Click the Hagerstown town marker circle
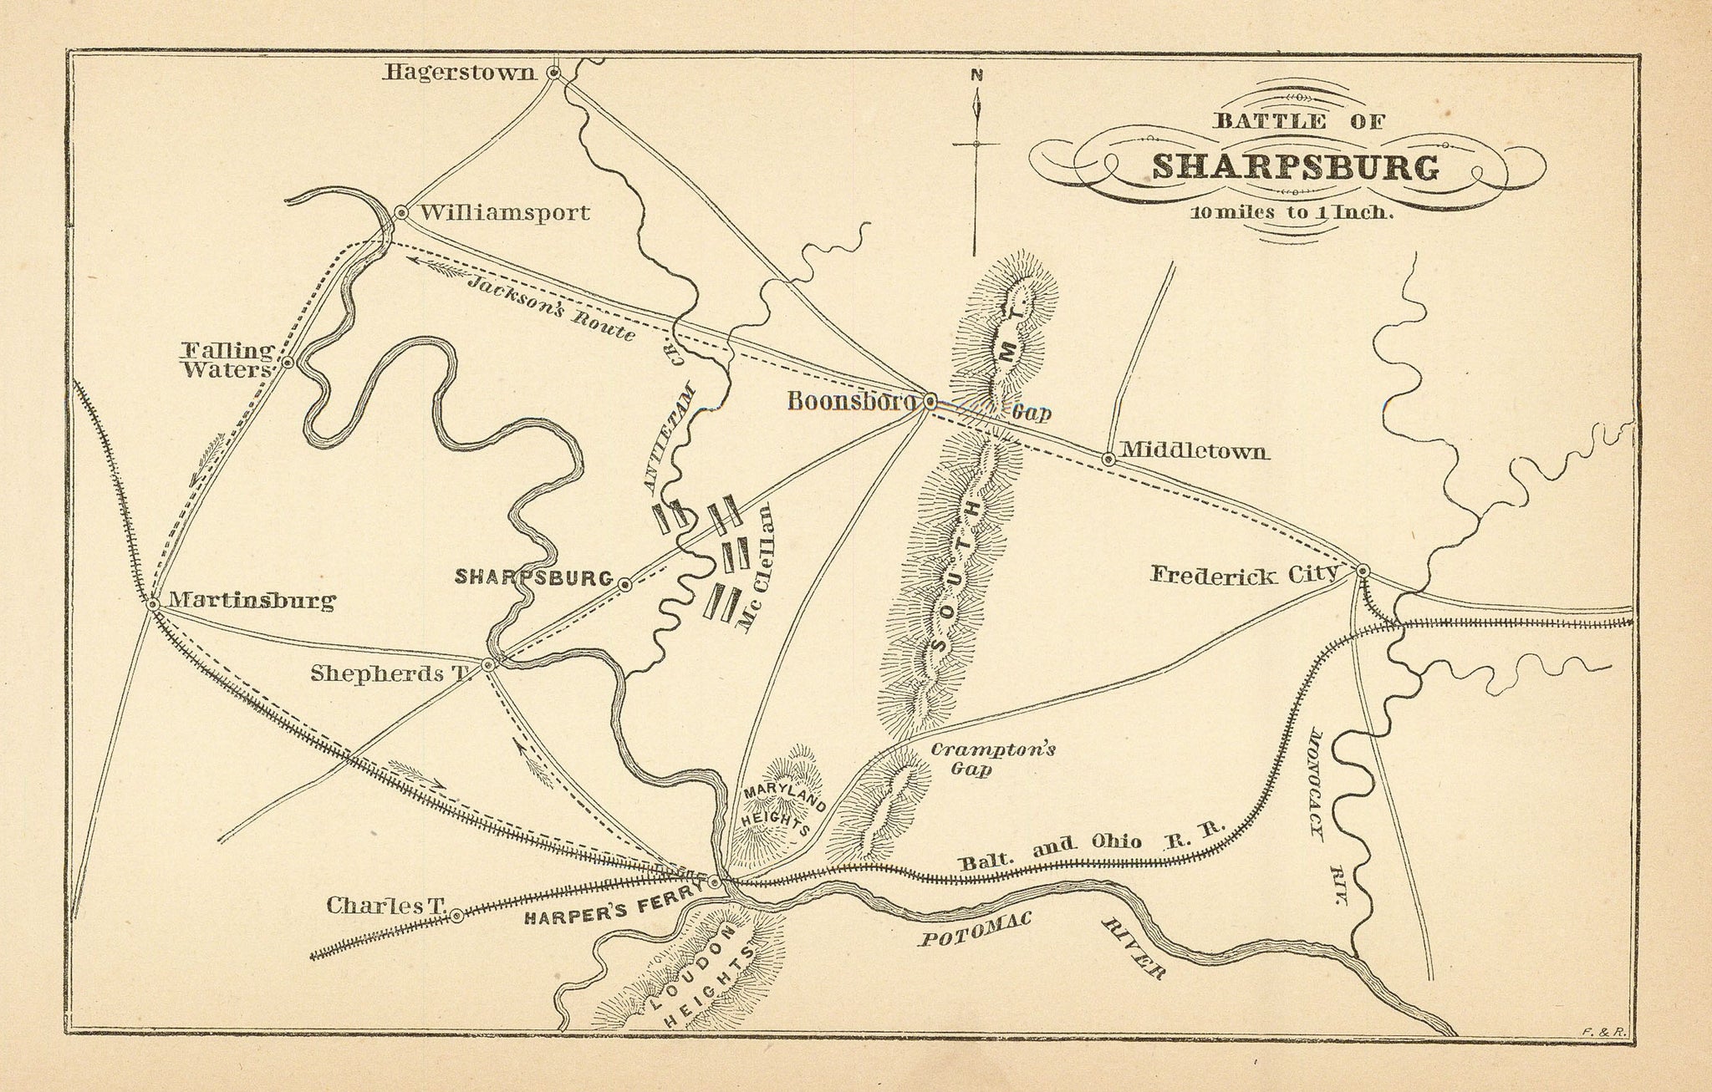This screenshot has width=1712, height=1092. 553,73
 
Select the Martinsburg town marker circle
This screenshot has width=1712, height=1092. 153,603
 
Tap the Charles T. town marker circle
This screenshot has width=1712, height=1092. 456,916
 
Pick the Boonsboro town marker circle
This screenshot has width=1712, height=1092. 929,401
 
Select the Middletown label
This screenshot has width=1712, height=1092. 1195,452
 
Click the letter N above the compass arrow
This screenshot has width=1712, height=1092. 976,74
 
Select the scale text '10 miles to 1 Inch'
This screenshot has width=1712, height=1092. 1291,212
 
